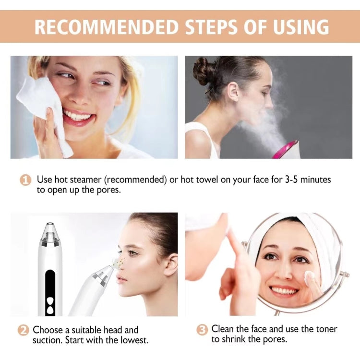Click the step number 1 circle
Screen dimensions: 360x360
click(x=25, y=180)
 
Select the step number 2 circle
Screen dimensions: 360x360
click(x=24, y=331)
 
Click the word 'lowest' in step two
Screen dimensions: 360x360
click(x=135, y=340)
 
